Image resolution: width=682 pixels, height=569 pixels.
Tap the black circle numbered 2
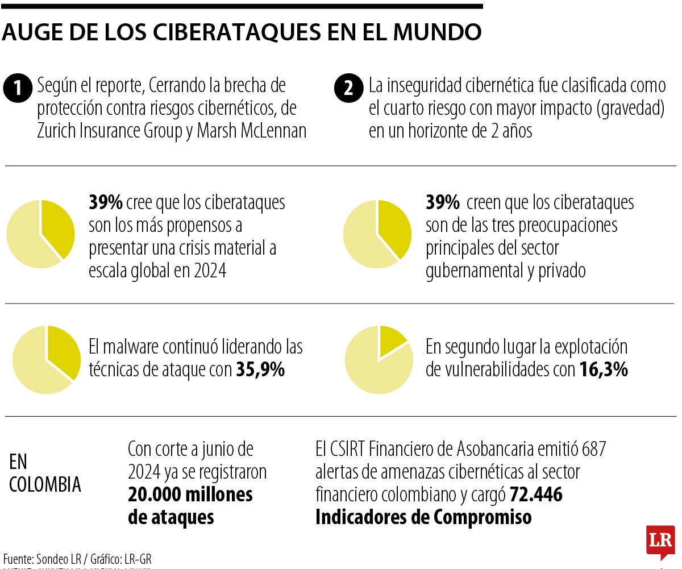point(348,89)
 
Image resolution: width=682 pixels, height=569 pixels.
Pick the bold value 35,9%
point(260,370)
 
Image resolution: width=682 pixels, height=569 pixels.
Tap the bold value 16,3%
point(603,370)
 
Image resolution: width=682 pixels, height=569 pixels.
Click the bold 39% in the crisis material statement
point(105,202)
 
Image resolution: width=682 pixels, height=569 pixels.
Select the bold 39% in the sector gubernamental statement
point(442,202)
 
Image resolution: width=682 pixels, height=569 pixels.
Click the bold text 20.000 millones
point(190,495)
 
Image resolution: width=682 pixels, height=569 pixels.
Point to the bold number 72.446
point(536,495)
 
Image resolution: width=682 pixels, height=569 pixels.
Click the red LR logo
point(660,541)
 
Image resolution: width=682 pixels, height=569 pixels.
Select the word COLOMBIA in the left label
point(45,485)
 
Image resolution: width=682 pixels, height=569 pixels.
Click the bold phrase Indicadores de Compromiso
point(423,517)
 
